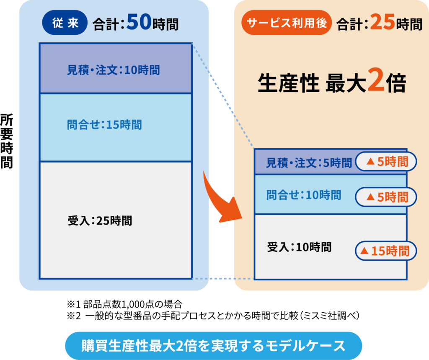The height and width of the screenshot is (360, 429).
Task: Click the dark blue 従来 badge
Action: click(x=65, y=23)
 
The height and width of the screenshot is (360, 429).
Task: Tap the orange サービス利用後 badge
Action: click(x=287, y=23)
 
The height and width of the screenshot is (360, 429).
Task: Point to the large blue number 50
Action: click(x=139, y=22)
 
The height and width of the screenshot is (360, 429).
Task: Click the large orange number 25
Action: click(x=382, y=22)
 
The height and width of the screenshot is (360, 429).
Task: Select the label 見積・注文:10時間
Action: click(x=113, y=70)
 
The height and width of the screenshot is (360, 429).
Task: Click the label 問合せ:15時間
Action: click(x=104, y=125)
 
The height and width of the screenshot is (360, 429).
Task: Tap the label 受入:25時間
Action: click(x=100, y=220)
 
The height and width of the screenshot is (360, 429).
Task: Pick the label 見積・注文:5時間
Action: click(x=309, y=163)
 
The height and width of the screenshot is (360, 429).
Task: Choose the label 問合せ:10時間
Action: click(x=304, y=195)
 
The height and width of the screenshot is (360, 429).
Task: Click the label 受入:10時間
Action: click(x=299, y=247)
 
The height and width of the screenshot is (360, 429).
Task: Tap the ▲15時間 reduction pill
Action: click(x=386, y=251)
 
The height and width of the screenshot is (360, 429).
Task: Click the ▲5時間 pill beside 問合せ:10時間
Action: click(x=386, y=197)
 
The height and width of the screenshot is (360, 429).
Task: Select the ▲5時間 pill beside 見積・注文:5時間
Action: click(x=386, y=161)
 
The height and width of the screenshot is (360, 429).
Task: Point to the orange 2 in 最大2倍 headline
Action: click(x=376, y=80)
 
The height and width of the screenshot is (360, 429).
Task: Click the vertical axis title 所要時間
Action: click(x=7, y=141)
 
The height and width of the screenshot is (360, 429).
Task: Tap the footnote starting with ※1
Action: click(x=124, y=304)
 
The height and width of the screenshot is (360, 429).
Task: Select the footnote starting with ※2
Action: click(x=213, y=316)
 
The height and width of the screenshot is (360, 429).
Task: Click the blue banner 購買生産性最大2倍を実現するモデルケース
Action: click(x=213, y=346)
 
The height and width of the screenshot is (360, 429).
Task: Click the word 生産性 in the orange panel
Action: click(x=288, y=83)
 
